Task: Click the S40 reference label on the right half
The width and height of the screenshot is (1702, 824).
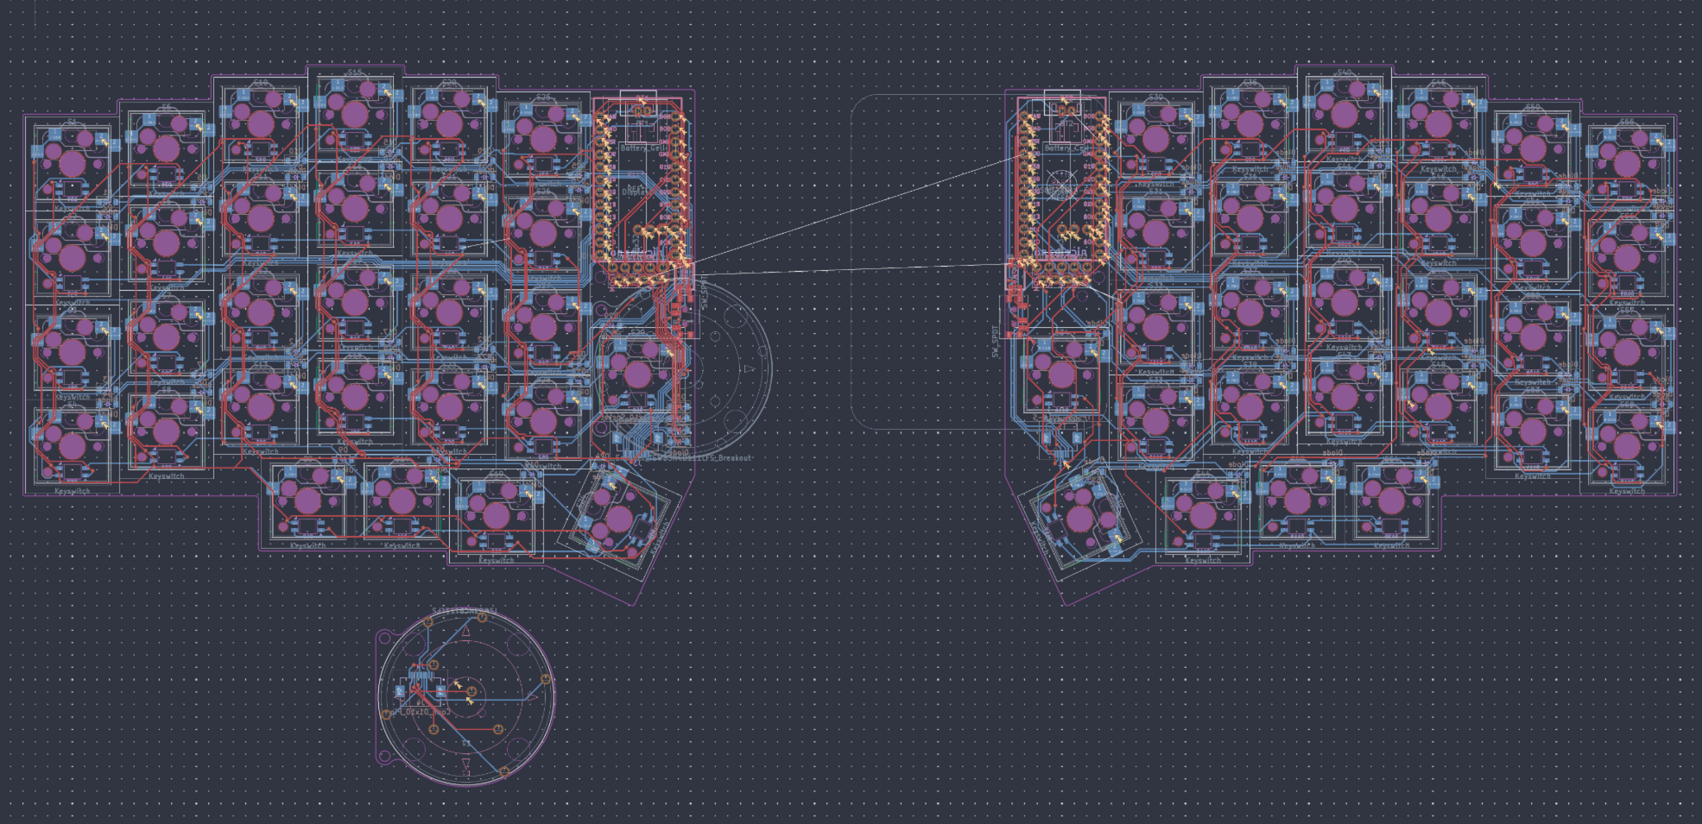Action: point(1345,73)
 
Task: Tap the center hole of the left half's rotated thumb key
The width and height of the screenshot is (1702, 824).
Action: point(619,519)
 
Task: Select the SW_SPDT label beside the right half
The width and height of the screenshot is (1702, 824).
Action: point(994,342)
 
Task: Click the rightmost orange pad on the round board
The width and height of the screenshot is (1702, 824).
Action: point(546,680)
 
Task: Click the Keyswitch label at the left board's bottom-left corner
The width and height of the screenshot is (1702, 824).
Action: point(73,491)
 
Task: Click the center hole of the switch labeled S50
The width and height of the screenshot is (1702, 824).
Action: point(1533,148)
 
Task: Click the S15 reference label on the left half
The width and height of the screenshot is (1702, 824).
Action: point(355,73)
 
